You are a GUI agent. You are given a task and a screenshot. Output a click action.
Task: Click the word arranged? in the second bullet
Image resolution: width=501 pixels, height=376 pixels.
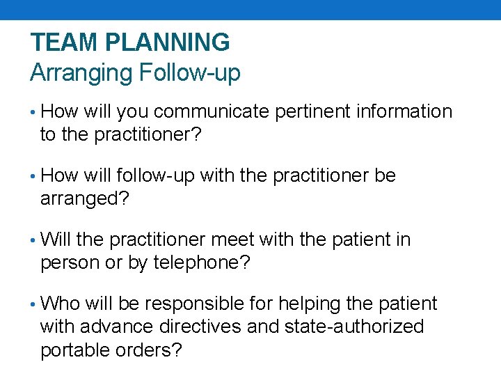click(84, 198)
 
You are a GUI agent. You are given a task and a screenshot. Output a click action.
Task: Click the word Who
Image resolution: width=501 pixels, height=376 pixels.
click(61, 304)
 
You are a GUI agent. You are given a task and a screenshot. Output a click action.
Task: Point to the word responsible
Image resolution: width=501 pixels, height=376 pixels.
click(193, 304)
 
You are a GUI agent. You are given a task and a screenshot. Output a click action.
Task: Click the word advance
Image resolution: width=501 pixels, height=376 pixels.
click(129, 327)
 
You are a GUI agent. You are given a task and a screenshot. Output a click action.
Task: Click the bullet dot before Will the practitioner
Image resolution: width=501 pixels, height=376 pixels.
click(34, 241)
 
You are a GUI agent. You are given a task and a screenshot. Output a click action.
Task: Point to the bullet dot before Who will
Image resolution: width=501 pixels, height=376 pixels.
click(34, 305)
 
